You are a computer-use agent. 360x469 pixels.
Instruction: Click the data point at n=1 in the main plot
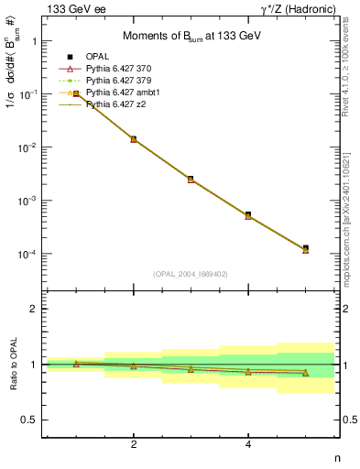point(76,93)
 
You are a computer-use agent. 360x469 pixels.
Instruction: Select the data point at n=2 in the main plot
point(134,139)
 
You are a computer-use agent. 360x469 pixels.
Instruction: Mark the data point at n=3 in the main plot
point(191,179)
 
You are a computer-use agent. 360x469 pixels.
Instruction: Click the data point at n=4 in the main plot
point(248,215)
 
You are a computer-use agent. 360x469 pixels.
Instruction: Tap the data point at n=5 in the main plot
point(305,248)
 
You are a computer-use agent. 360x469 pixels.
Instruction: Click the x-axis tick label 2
point(134,445)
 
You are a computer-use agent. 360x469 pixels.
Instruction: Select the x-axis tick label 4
point(248,445)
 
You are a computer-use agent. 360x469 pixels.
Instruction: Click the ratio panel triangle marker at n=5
point(305,373)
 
